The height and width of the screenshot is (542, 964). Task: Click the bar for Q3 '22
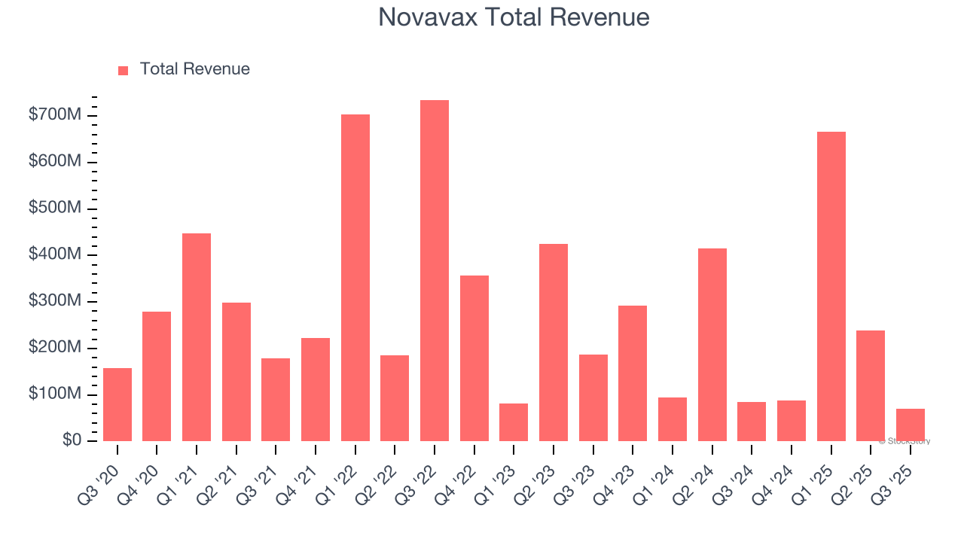click(435, 271)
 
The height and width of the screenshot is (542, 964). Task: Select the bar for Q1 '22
click(355, 278)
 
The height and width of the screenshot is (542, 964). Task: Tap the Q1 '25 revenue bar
click(831, 286)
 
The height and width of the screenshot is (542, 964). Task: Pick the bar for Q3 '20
click(117, 404)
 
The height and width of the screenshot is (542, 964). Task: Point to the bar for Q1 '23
click(514, 422)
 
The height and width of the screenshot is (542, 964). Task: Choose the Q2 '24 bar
click(712, 345)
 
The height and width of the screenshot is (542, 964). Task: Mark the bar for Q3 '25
click(910, 425)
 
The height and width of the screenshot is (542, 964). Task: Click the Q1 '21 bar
click(197, 337)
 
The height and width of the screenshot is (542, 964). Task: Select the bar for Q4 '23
click(633, 373)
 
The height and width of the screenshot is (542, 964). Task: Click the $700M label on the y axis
click(55, 115)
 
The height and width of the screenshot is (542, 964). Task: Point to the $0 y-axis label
click(72, 440)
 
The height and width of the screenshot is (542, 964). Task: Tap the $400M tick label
click(55, 254)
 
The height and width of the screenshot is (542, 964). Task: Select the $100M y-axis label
click(55, 394)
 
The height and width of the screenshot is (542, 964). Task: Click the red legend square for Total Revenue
click(124, 70)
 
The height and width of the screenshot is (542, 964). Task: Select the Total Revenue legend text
click(194, 69)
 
